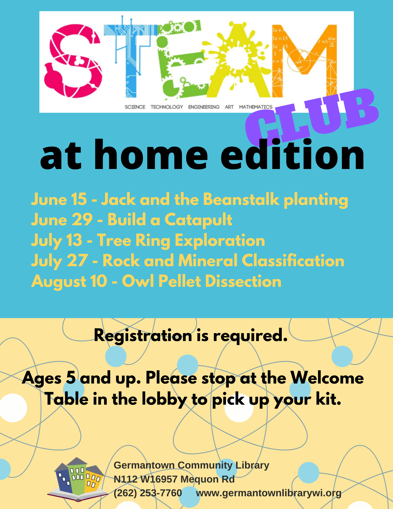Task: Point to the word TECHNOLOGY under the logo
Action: [167, 107]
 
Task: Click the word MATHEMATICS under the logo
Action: [256, 107]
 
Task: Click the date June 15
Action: [59, 199]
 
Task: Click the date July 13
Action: [56, 241]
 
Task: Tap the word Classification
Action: [293, 261]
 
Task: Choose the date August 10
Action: [69, 282]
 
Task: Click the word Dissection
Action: [243, 281]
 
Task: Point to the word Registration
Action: [143, 336]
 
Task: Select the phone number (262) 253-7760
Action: [148, 493]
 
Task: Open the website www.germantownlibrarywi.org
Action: [269, 493]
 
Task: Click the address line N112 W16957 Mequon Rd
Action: [174, 479]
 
